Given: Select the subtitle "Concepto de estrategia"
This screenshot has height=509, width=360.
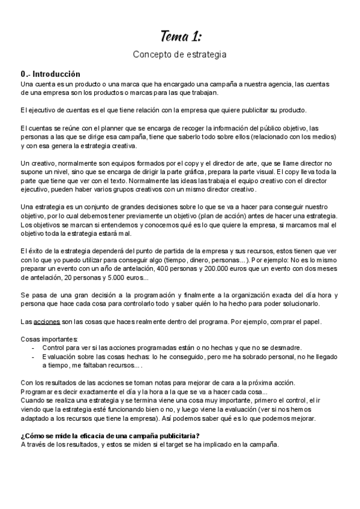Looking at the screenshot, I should [179, 55].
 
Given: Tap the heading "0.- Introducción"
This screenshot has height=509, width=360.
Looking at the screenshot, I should [50, 74].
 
